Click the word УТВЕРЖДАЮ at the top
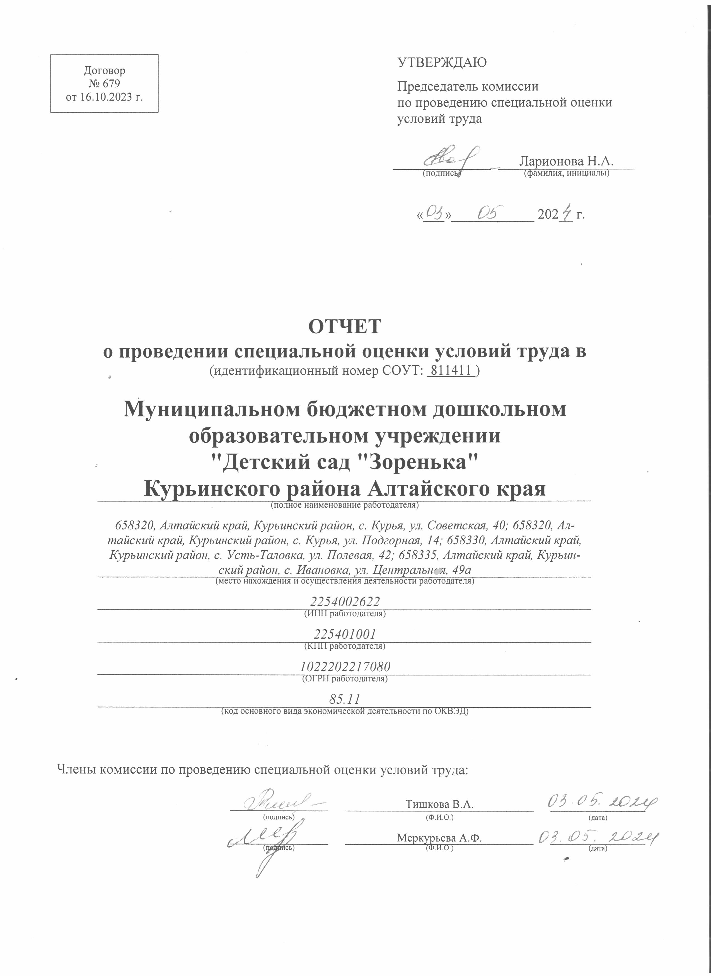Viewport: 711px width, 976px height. tap(442, 63)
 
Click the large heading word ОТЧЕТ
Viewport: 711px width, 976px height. tap(344, 326)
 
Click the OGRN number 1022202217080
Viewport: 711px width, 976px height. tap(345, 667)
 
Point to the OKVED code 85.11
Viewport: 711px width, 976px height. tap(344, 699)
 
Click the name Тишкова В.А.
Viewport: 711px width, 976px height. tap(439, 804)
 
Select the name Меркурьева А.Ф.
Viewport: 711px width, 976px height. tap(439, 838)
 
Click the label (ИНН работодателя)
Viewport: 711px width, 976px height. tap(345, 614)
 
